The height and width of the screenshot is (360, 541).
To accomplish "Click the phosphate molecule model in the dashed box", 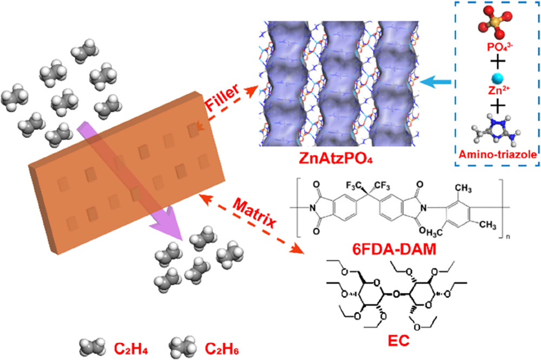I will tap(488, 24).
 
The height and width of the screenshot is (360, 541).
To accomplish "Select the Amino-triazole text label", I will tap(489, 155).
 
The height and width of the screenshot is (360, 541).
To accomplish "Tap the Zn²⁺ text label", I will tap(488, 93).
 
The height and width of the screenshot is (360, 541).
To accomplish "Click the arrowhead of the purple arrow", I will tap(179, 233).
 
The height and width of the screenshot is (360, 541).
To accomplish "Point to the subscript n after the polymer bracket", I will tap(516, 241).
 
